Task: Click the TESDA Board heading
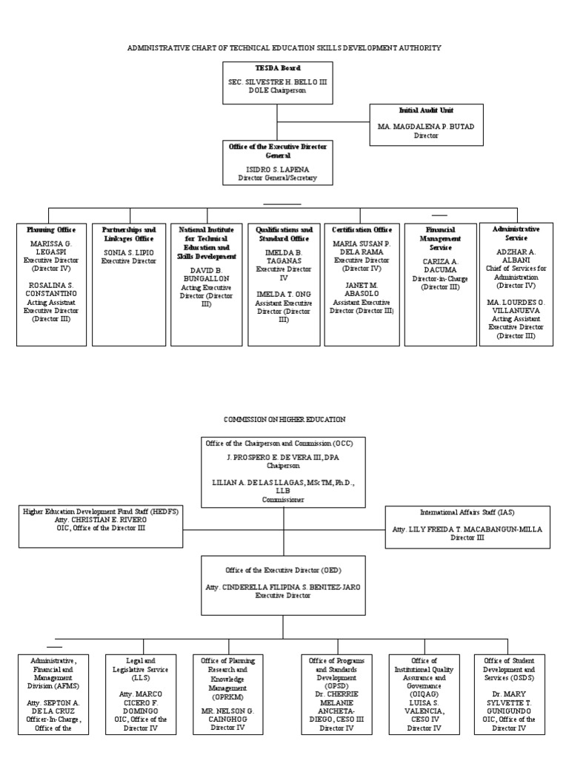(276, 68)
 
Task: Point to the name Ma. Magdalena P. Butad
(426, 127)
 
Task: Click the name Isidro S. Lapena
(276, 170)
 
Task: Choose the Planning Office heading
(50, 230)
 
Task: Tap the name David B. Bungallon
(206, 273)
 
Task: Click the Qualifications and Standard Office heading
(284, 235)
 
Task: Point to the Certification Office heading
(362, 230)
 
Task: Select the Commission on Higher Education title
(284, 419)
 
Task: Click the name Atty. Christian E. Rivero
(100, 520)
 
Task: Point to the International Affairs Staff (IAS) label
(467, 512)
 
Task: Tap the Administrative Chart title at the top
(284, 47)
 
